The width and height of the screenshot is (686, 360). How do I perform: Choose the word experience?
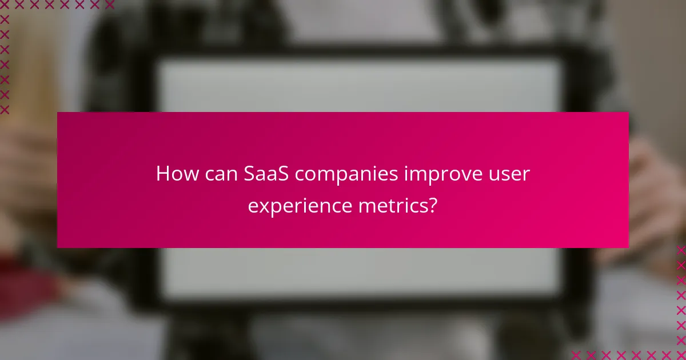[300, 206]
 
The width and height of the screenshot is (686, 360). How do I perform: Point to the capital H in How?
[163, 174]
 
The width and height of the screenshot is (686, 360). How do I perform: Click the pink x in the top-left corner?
[5, 5]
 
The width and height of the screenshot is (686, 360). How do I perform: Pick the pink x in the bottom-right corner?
[681, 355]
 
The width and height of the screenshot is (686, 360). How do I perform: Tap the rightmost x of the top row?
[109, 5]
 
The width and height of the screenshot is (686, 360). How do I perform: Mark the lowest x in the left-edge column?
[5, 109]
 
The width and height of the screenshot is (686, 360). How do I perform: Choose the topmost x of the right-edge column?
[681, 250]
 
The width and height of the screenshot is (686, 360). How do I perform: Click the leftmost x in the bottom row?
[576, 355]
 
